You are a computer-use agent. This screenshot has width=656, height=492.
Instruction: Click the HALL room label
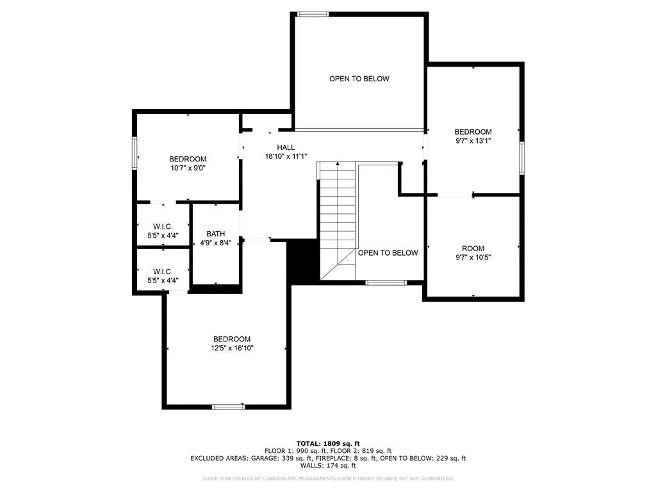pyautogui.click(x=286, y=147)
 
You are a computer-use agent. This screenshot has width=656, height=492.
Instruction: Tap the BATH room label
pyautogui.click(x=215, y=234)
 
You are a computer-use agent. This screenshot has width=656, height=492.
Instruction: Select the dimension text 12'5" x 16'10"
pyautogui.click(x=232, y=348)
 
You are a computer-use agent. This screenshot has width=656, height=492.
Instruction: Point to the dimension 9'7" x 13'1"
pyautogui.click(x=473, y=141)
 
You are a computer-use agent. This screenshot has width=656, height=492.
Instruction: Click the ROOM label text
pyautogui.click(x=473, y=249)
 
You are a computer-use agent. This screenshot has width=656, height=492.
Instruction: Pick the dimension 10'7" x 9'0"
pyautogui.click(x=188, y=168)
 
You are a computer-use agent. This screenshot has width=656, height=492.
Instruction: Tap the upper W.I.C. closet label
pyautogui.click(x=163, y=227)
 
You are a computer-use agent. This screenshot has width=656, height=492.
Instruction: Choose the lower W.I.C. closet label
pyautogui.click(x=163, y=272)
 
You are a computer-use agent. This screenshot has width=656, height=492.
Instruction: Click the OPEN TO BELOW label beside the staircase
pyautogui.click(x=388, y=252)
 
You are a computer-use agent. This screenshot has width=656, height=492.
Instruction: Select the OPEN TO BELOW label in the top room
pyautogui.click(x=359, y=79)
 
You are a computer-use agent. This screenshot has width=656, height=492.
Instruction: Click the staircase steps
pyautogui.click(x=338, y=220)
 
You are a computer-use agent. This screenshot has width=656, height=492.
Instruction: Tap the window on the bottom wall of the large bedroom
pyautogui.click(x=229, y=407)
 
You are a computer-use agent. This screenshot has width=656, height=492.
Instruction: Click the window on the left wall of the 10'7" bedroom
pyautogui.click(x=135, y=153)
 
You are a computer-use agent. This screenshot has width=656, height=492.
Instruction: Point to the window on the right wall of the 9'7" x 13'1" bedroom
pyautogui.click(x=521, y=158)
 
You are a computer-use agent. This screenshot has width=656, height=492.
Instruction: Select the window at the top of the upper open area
pyautogui.click(x=313, y=15)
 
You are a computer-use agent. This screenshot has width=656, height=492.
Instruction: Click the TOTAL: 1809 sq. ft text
pyautogui.click(x=328, y=443)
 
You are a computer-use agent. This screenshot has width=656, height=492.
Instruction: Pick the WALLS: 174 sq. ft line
pyautogui.click(x=328, y=465)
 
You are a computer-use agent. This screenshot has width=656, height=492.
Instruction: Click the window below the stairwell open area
pyautogui.click(x=386, y=283)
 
